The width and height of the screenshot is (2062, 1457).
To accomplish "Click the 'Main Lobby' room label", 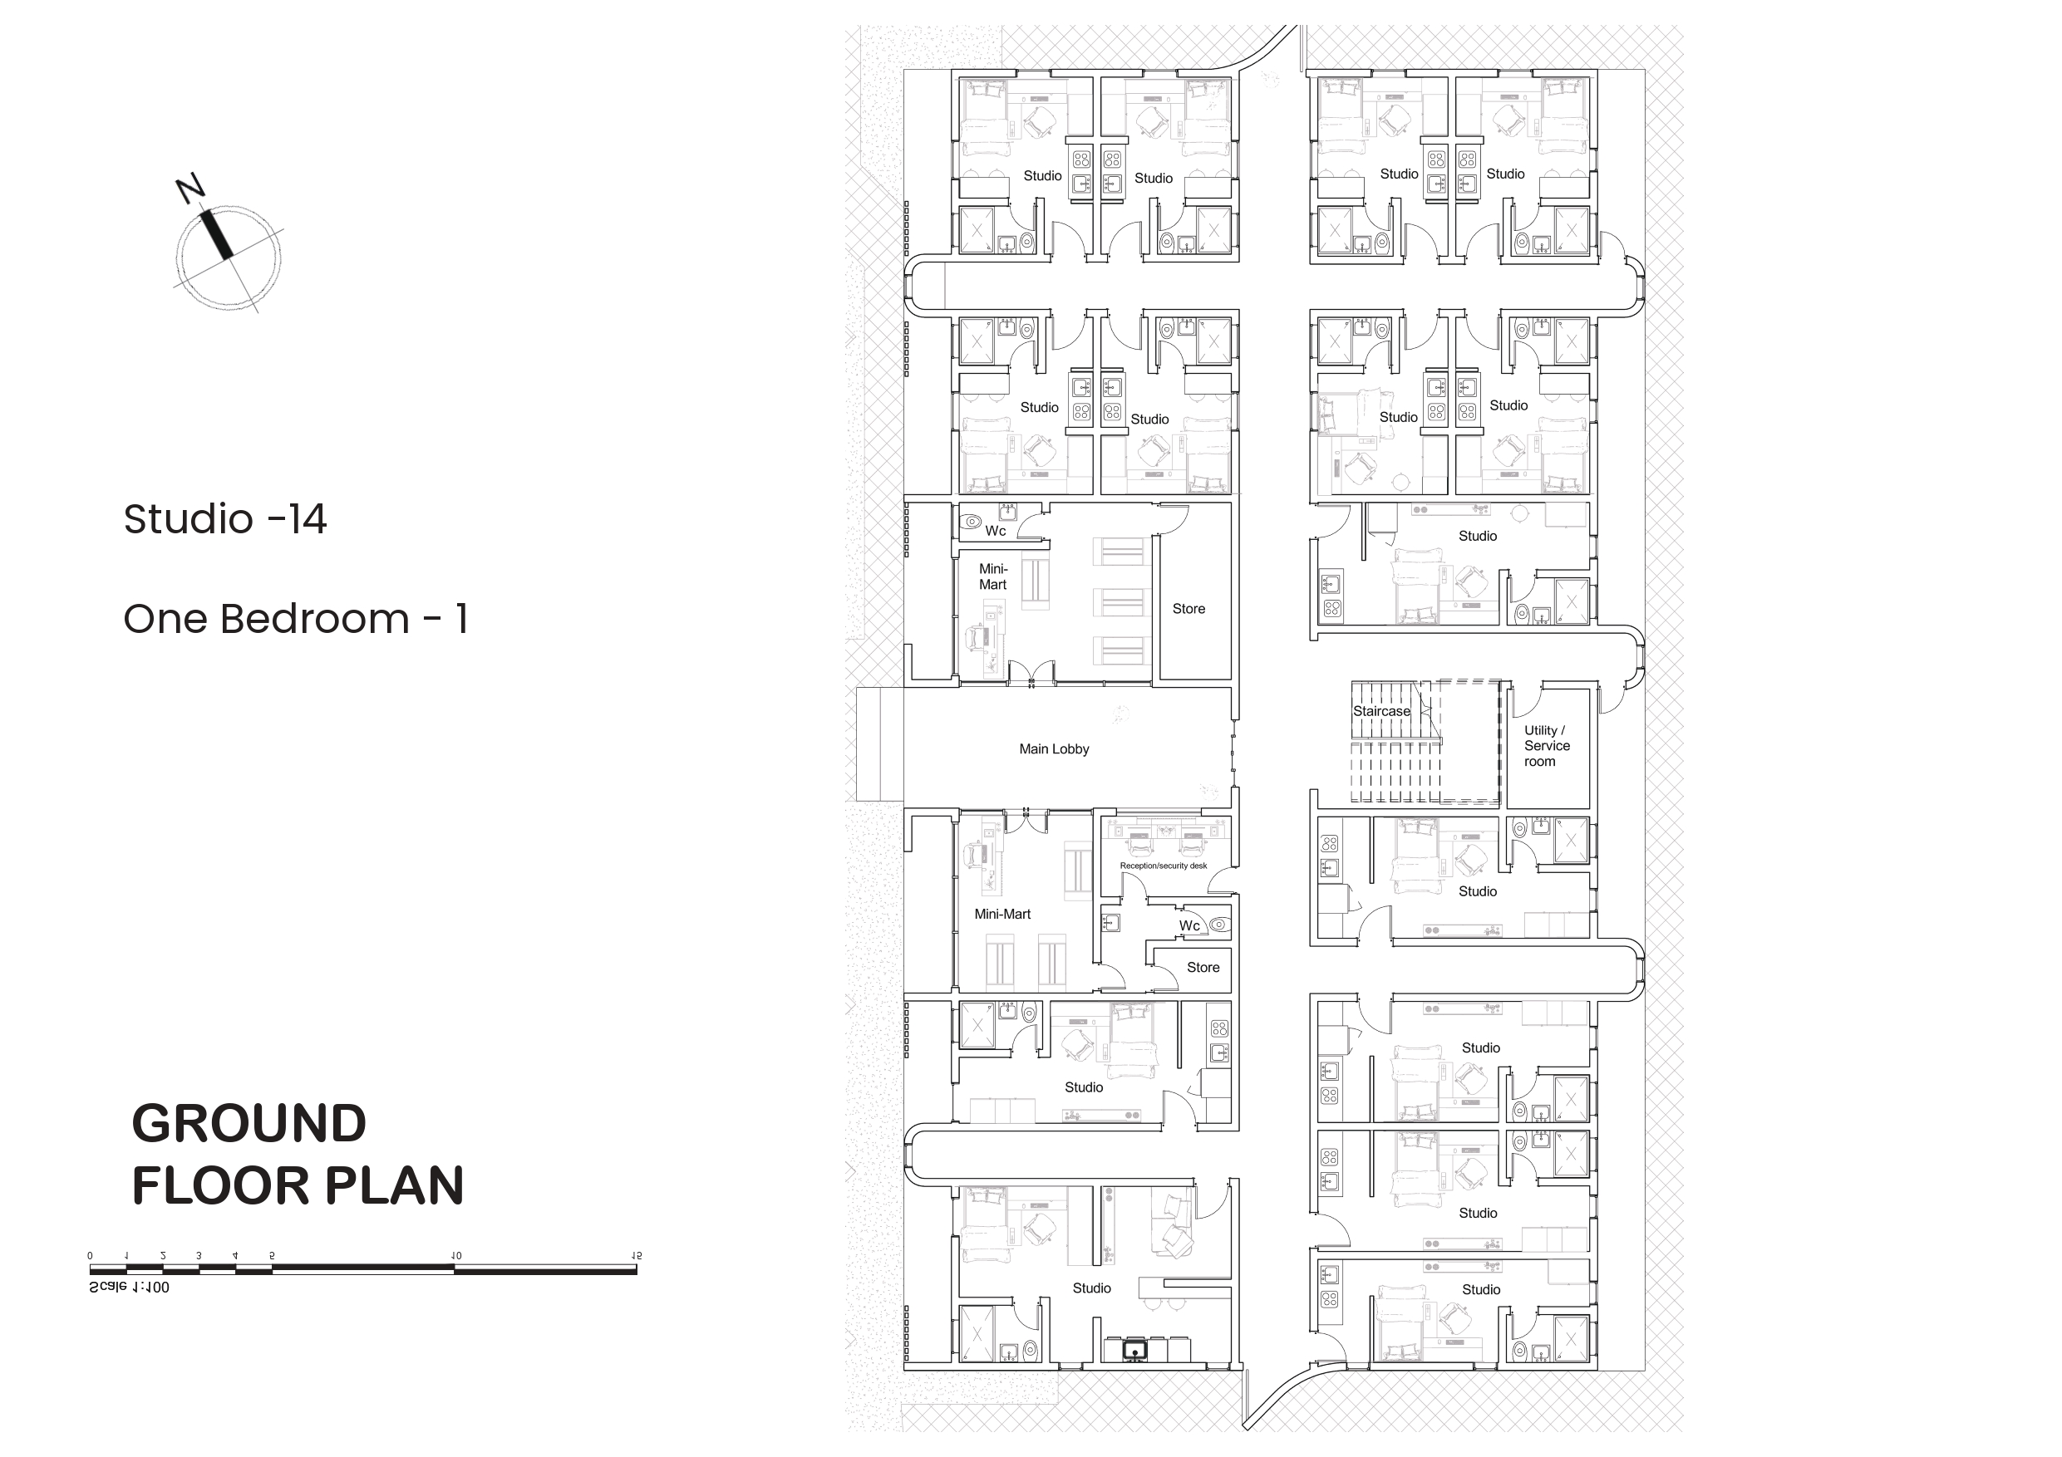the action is click(1054, 748).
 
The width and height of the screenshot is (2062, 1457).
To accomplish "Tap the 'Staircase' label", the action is click(1381, 711).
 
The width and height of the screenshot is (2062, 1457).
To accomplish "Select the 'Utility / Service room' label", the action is click(1547, 746).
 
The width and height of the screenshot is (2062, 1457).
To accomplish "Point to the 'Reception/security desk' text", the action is click(1163, 866).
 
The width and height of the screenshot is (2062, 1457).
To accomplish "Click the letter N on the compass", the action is click(190, 189).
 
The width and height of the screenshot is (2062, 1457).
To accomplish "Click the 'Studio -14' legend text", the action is click(224, 519).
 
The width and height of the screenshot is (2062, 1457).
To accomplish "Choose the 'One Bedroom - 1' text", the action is click(296, 619).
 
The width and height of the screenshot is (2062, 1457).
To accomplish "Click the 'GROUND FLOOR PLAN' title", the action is click(298, 1154).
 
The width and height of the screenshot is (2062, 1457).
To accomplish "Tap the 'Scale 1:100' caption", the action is click(130, 1287).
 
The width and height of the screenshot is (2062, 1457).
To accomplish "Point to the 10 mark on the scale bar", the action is click(456, 1256).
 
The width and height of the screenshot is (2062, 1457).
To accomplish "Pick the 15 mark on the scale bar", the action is click(637, 1256).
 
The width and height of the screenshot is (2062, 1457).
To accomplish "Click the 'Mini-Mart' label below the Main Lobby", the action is click(1002, 914).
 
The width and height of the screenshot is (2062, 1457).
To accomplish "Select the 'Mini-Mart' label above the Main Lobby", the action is click(992, 576).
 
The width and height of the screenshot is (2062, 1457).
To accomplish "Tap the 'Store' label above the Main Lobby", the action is click(1188, 609).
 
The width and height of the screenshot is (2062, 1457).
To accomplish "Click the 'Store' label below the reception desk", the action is click(1203, 968).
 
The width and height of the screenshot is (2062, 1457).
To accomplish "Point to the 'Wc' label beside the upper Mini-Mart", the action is click(995, 531).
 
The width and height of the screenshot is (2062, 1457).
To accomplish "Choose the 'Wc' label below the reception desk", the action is click(1189, 925).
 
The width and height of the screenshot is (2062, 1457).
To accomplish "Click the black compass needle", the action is click(216, 234).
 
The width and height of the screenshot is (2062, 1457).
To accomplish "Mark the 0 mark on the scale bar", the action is click(90, 1256).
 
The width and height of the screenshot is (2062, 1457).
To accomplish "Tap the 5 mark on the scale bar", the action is click(272, 1256).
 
